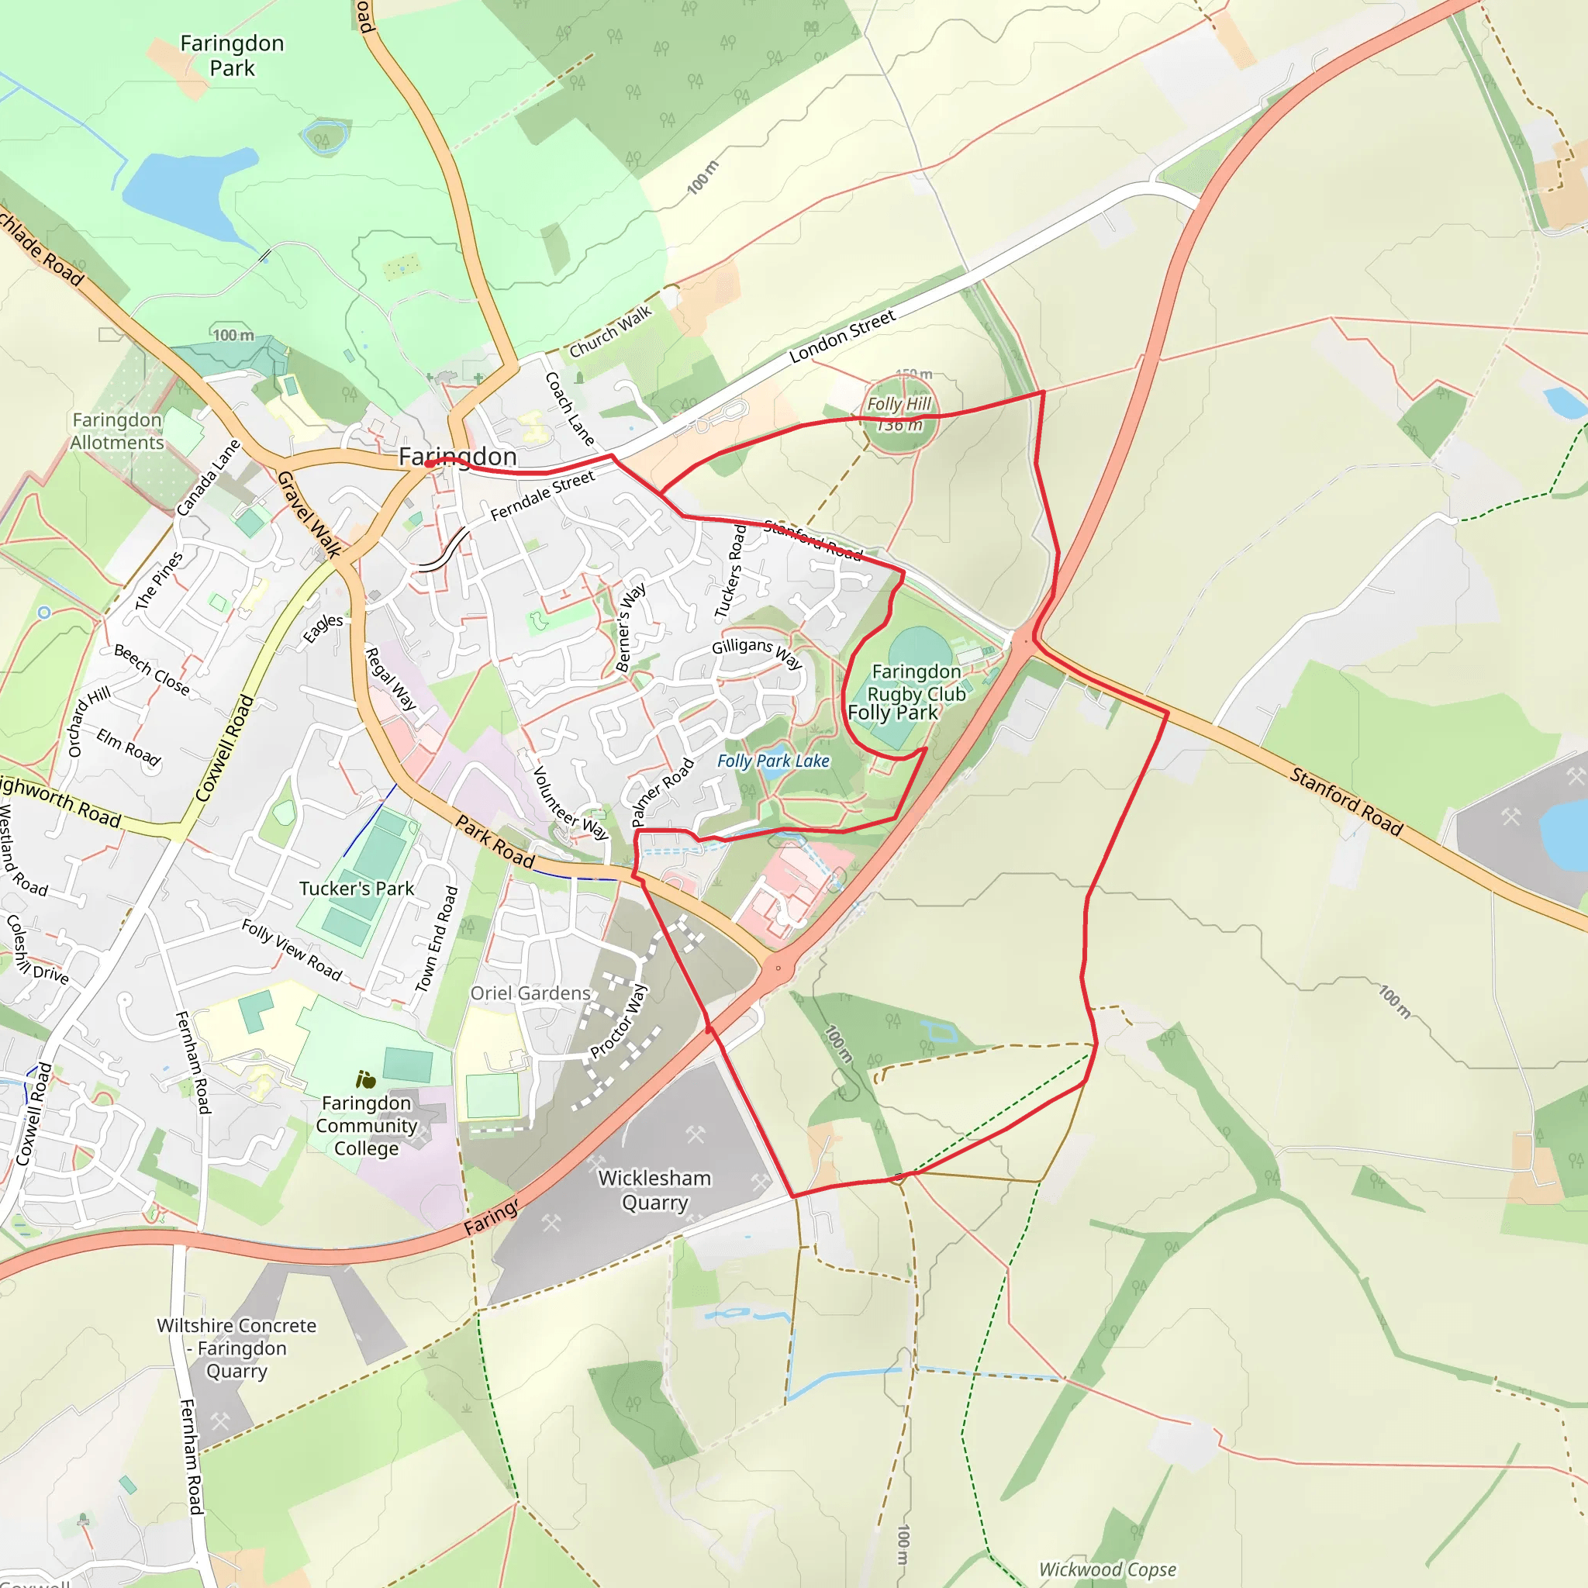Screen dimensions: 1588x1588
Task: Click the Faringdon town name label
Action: [x=457, y=456]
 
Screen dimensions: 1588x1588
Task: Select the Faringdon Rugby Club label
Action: [x=917, y=683]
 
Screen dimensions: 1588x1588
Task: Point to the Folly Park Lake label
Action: [x=773, y=761]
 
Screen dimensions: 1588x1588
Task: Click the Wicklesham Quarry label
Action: [x=655, y=1190]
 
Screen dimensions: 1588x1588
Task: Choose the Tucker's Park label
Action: [x=357, y=889]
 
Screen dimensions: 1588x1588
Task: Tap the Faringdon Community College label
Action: [x=367, y=1125]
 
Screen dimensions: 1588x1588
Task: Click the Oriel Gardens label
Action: [x=530, y=993]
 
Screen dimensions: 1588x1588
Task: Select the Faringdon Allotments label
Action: [x=117, y=430]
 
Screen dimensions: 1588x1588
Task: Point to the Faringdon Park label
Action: [x=233, y=55]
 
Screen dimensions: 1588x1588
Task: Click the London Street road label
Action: [x=843, y=337]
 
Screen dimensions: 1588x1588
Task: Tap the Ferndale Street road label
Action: [x=543, y=495]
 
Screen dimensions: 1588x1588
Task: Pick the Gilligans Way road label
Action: [x=757, y=653]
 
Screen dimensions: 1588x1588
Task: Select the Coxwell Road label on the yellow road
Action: [x=225, y=748]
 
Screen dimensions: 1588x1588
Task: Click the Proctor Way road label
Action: [x=619, y=1022]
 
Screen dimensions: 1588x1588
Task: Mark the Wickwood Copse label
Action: [x=1107, y=1569]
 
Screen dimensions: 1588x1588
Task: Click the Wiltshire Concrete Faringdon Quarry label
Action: [x=236, y=1348]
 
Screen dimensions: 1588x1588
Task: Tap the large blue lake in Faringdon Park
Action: [x=186, y=192]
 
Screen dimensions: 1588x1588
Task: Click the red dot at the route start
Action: [x=429, y=464]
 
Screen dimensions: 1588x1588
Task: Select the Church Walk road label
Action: [x=611, y=330]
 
